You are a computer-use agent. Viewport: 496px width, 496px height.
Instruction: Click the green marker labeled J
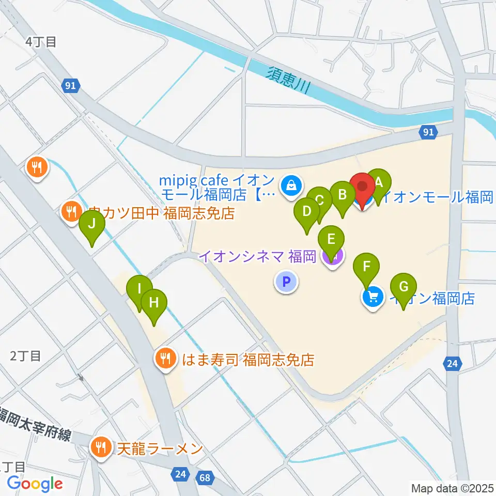point(92,224)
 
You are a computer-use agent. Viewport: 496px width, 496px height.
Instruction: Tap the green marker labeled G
point(404,286)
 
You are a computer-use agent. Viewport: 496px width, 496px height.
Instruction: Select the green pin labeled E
point(331,239)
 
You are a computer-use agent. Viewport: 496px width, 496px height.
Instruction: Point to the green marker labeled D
point(307,212)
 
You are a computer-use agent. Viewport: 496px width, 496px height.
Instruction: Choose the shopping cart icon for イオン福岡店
point(373,298)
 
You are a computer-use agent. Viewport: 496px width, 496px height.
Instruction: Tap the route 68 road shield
point(205,477)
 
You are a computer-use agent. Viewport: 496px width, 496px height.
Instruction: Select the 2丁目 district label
point(25,355)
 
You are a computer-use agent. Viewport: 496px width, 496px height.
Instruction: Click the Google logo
point(35,484)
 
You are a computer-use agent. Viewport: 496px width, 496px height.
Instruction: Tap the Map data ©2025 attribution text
point(452,488)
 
